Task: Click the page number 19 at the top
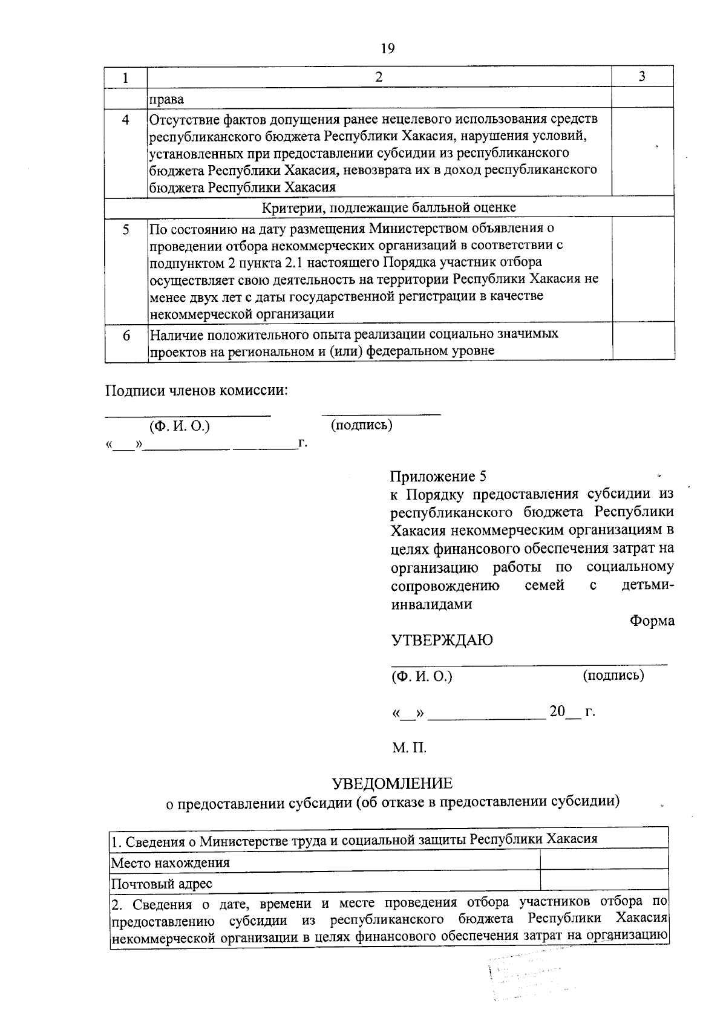[388, 49]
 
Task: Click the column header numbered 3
[642, 76]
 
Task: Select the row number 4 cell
[126, 119]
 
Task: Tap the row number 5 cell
[126, 230]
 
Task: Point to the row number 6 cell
[126, 335]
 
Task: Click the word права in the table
[166, 99]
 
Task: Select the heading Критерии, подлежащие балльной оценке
[389, 207]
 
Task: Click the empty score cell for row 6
[643, 342]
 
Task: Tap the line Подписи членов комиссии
[197, 391]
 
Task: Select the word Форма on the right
[652, 621]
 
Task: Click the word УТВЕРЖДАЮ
[442, 641]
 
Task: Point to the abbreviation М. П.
[409, 748]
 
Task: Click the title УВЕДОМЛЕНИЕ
[392, 784]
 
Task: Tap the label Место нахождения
[170, 862]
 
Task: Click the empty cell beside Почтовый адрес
[603, 880]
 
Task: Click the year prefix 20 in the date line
[557, 711]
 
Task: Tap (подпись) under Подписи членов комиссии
[361, 425]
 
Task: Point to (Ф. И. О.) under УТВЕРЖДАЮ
[422, 676]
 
